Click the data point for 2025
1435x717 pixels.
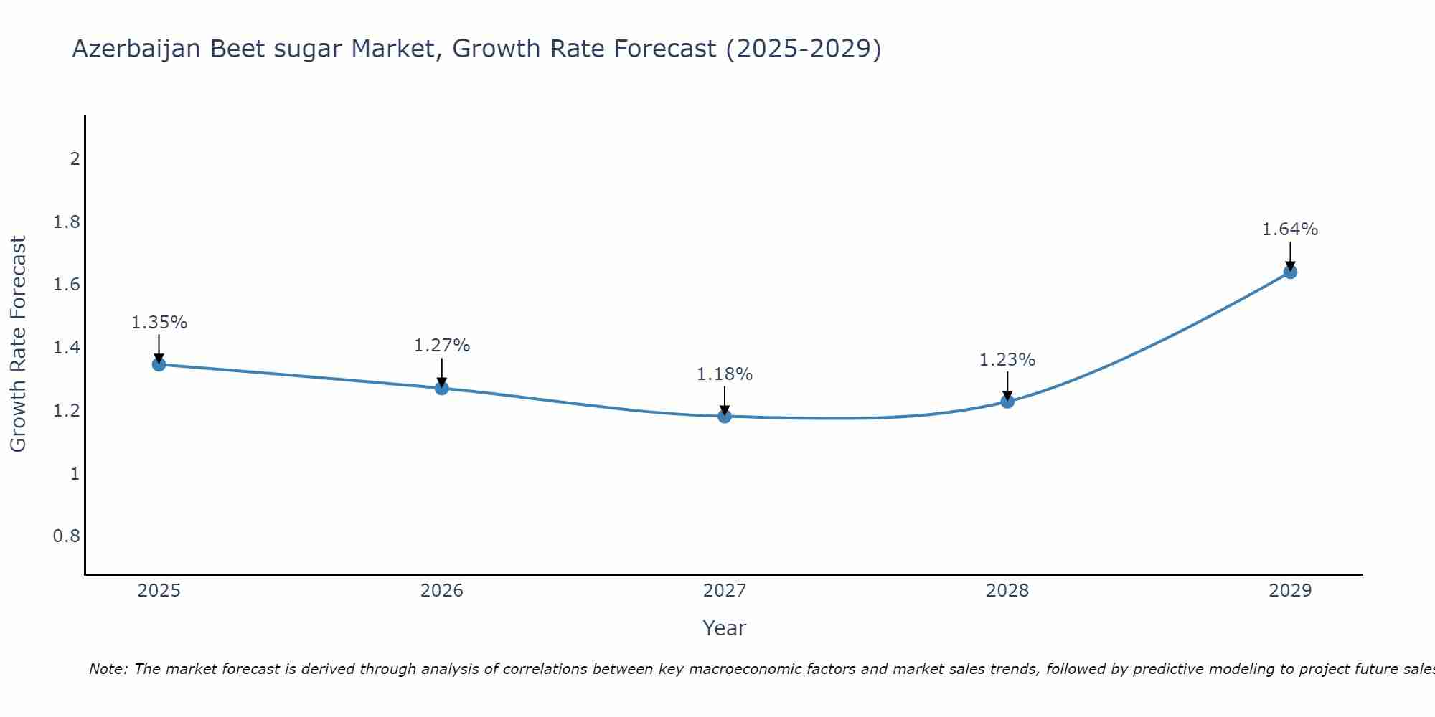(x=159, y=364)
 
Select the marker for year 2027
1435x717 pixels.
(x=725, y=416)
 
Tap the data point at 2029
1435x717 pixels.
(x=1290, y=272)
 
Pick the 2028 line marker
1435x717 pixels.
(x=1007, y=401)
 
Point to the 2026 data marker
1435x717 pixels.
(x=442, y=388)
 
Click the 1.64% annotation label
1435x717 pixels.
(x=1290, y=229)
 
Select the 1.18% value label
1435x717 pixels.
(x=725, y=374)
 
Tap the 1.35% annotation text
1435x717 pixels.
(x=159, y=323)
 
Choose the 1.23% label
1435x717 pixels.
(x=1007, y=360)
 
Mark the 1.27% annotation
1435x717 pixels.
(x=442, y=346)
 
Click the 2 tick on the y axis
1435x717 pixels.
(x=75, y=158)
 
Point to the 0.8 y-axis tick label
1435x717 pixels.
(x=67, y=536)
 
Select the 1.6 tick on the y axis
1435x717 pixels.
(x=67, y=285)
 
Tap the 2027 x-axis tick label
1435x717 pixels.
(x=725, y=591)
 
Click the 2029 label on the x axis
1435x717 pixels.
(x=1290, y=591)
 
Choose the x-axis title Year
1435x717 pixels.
(x=725, y=628)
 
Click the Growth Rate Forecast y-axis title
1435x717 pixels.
(x=18, y=344)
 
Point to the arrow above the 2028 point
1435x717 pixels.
(x=1007, y=386)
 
